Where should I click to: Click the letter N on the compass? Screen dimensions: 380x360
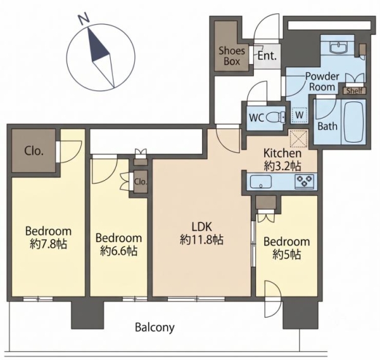[x=84, y=20]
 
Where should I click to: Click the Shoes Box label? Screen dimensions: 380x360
[x=232, y=56]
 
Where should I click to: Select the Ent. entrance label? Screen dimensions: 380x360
[x=267, y=56]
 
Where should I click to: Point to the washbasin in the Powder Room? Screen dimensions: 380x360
[x=339, y=47]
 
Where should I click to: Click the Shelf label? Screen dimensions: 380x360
[x=354, y=91]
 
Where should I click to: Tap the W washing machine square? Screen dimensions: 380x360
[x=300, y=115]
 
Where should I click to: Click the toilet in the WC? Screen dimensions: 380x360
[x=275, y=118]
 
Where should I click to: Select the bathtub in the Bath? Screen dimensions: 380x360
[x=353, y=121]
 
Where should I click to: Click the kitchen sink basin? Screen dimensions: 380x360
[x=260, y=182]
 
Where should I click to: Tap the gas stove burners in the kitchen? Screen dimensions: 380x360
[x=304, y=181]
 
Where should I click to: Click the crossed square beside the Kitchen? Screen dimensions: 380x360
[x=298, y=138]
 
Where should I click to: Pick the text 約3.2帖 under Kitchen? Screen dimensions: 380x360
[x=282, y=166]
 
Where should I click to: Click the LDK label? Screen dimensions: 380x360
[x=202, y=227]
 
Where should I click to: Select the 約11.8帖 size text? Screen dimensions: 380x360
[x=201, y=240]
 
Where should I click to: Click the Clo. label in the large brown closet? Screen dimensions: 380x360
[x=34, y=151]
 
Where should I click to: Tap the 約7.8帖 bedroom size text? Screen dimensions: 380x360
[x=49, y=244]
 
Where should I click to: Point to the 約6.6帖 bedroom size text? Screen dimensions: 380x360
[x=119, y=250]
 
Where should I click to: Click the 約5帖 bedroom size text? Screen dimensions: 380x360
[x=287, y=255]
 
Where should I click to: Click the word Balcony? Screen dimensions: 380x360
[x=155, y=328]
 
